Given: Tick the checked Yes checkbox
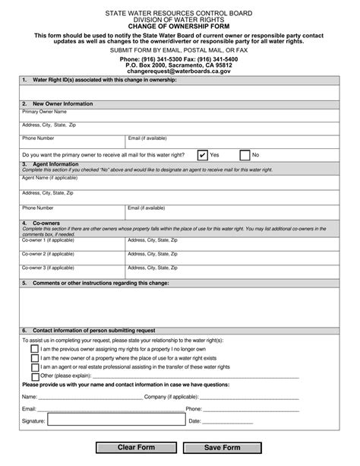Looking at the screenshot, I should pos(202,154).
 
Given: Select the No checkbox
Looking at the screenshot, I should pos(245,154).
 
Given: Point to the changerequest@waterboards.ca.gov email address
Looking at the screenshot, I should pos(179,71).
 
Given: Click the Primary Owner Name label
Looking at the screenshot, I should pos(45,111).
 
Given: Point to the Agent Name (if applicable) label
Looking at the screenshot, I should pos(50,178).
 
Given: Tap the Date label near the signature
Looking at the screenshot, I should pos(194,420).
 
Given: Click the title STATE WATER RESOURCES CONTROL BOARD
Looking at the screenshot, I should pos(179,13).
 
